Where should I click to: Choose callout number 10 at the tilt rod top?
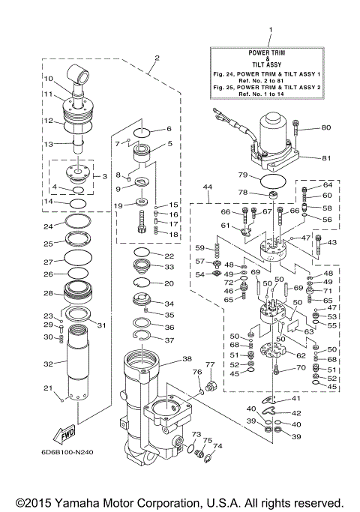[x=47, y=78]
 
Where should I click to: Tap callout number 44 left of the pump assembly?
[x=208, y=185]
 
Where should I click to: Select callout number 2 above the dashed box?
[x=157, y=58]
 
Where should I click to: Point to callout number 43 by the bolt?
[x=333, y=242]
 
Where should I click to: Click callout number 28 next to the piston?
[x=47, y=293]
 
